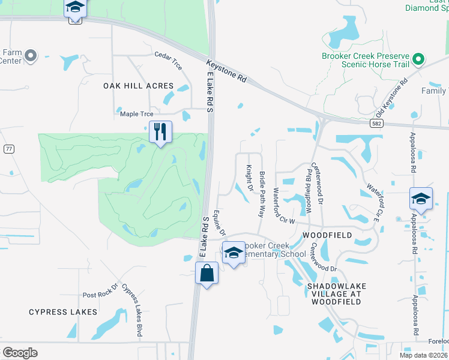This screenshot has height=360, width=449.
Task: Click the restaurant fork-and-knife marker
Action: tap(160, 131)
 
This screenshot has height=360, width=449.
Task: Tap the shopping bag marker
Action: tap(206, 274)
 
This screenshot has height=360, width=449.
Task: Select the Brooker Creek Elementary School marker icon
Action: tap(233, 253)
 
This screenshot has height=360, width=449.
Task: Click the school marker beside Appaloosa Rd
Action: tap(421, 199)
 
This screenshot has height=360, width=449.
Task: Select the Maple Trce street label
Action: tap(136, 113)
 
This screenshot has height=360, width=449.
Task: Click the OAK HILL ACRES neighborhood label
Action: tap(138, 86)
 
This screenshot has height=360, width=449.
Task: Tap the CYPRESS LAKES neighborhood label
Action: tap(62, 312)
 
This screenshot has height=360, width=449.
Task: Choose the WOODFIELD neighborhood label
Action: tap(327, 235)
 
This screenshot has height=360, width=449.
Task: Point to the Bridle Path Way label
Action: tap(262, 194)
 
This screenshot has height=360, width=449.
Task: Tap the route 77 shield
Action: tap(8, 149)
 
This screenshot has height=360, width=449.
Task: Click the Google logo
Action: tap(20, 352)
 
